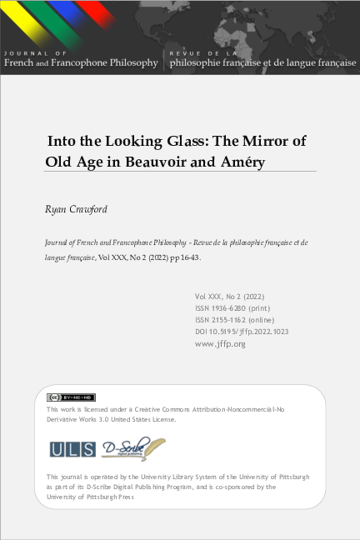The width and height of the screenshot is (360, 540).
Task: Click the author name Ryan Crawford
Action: click(75, 208)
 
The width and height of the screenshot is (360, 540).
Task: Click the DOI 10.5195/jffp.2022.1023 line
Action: click(242, 331)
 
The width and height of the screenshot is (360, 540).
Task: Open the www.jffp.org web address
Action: click(220, 342)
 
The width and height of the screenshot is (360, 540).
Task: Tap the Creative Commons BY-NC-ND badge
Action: click(71, 397)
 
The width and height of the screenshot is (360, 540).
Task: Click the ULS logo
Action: click(72, 448)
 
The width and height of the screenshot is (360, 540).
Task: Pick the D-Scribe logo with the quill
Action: click(132, 448)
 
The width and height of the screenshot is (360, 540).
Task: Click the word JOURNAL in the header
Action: click(22, 52)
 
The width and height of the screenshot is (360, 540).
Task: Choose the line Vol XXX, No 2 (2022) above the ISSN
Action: click(230, 296)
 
